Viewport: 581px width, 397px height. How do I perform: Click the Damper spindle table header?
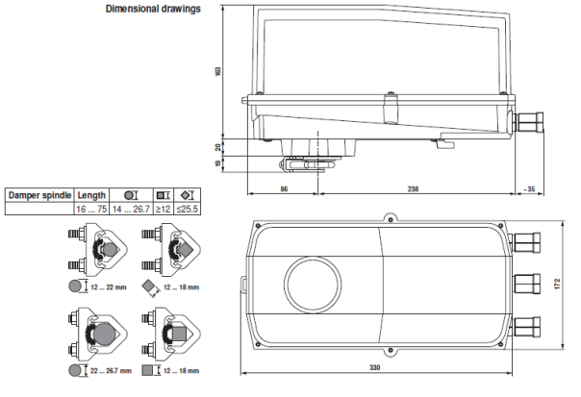coord(39,195)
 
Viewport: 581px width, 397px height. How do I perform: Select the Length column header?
coord(91,195)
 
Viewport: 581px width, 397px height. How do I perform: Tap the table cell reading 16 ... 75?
coord(91,209)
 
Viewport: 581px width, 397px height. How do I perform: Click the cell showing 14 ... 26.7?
coord(129,209)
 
